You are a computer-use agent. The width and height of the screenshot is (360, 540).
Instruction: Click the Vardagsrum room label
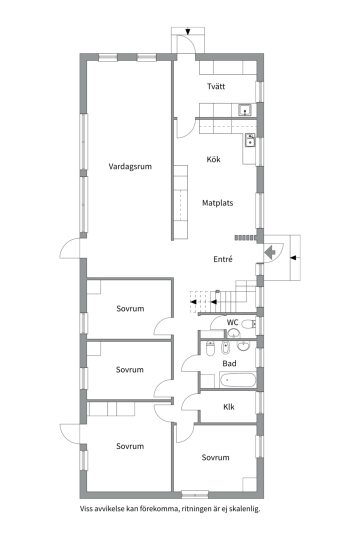130,166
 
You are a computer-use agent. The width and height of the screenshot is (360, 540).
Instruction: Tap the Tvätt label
216,86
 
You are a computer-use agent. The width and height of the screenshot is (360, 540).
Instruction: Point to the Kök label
213,159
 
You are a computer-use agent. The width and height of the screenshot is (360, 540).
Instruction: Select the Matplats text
217,203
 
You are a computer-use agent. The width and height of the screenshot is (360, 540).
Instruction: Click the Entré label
223,259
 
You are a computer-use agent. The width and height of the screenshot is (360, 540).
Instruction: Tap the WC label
232,322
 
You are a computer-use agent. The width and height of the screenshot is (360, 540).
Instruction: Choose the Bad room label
229,363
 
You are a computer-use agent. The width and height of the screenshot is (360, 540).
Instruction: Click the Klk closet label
229,406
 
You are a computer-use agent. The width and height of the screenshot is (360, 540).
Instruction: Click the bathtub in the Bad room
237,380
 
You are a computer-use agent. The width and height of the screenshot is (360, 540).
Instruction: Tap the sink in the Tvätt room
244,110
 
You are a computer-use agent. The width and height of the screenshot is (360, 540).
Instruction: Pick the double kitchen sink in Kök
249,140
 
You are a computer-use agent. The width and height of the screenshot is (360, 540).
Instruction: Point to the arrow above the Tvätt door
187,31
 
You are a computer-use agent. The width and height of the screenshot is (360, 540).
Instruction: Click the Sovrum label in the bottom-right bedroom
215,457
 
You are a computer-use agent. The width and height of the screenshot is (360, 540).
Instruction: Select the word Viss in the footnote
87,509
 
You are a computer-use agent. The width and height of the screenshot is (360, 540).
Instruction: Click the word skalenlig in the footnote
243,509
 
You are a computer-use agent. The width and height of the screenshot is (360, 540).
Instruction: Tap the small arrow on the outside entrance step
293,257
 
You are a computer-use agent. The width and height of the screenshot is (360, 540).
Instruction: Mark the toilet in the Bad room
210,348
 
